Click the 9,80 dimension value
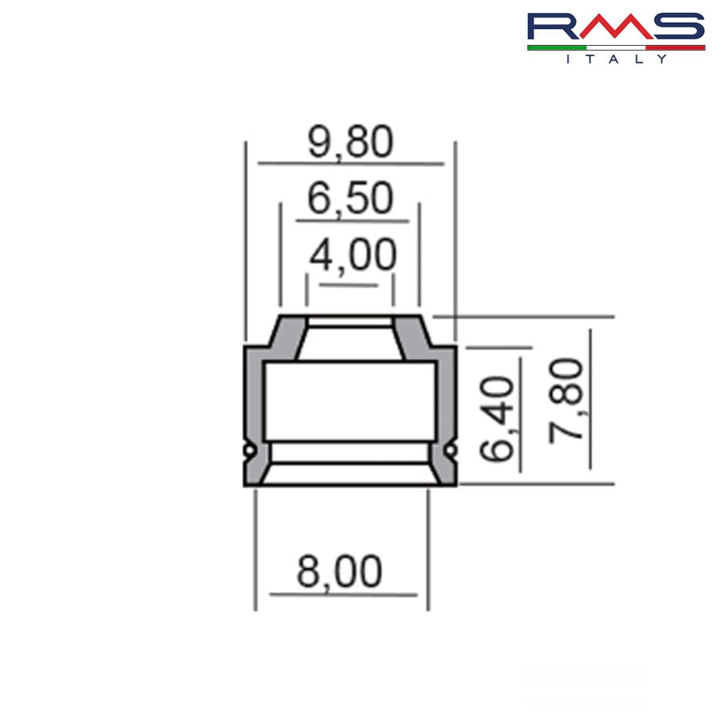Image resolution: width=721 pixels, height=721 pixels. (x=350, y=142)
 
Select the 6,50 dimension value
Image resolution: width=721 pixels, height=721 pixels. (x=350, y=198)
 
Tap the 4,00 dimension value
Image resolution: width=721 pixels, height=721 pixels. (x=353, y=255)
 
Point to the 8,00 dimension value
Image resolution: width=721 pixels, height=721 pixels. (x=339, y=571)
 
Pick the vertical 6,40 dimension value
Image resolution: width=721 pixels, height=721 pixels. (x=498, y=419)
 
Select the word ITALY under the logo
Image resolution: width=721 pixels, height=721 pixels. (x=616, y=59)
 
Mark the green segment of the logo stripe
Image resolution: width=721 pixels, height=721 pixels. (x=556, y=47)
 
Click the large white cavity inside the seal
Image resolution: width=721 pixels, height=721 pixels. (x=350, y=401)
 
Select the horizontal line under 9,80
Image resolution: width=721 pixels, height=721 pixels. (x=350, y=163)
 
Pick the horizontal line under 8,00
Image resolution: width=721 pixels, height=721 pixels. (x=343, y=595)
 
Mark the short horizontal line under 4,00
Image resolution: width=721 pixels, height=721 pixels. (x=348, y=285)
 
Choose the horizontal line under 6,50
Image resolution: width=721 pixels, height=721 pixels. (x=352, y=221)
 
